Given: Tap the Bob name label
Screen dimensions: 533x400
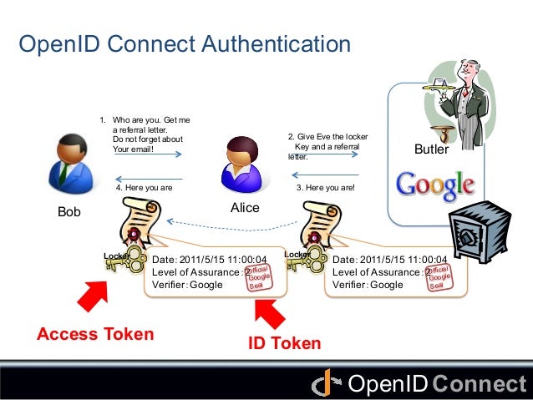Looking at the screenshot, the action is tap(69, 212).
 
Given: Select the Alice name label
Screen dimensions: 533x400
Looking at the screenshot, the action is tap(245, 207).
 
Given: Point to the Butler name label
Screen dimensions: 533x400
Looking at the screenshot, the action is tap(431, 150).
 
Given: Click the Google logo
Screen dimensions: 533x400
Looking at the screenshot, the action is tap(434, 184).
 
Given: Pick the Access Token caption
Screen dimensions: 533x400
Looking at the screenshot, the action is tap(95, 335).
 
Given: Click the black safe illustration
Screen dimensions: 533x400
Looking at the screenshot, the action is tap(475, 238).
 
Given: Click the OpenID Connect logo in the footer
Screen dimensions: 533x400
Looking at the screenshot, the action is tap(420, 384).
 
